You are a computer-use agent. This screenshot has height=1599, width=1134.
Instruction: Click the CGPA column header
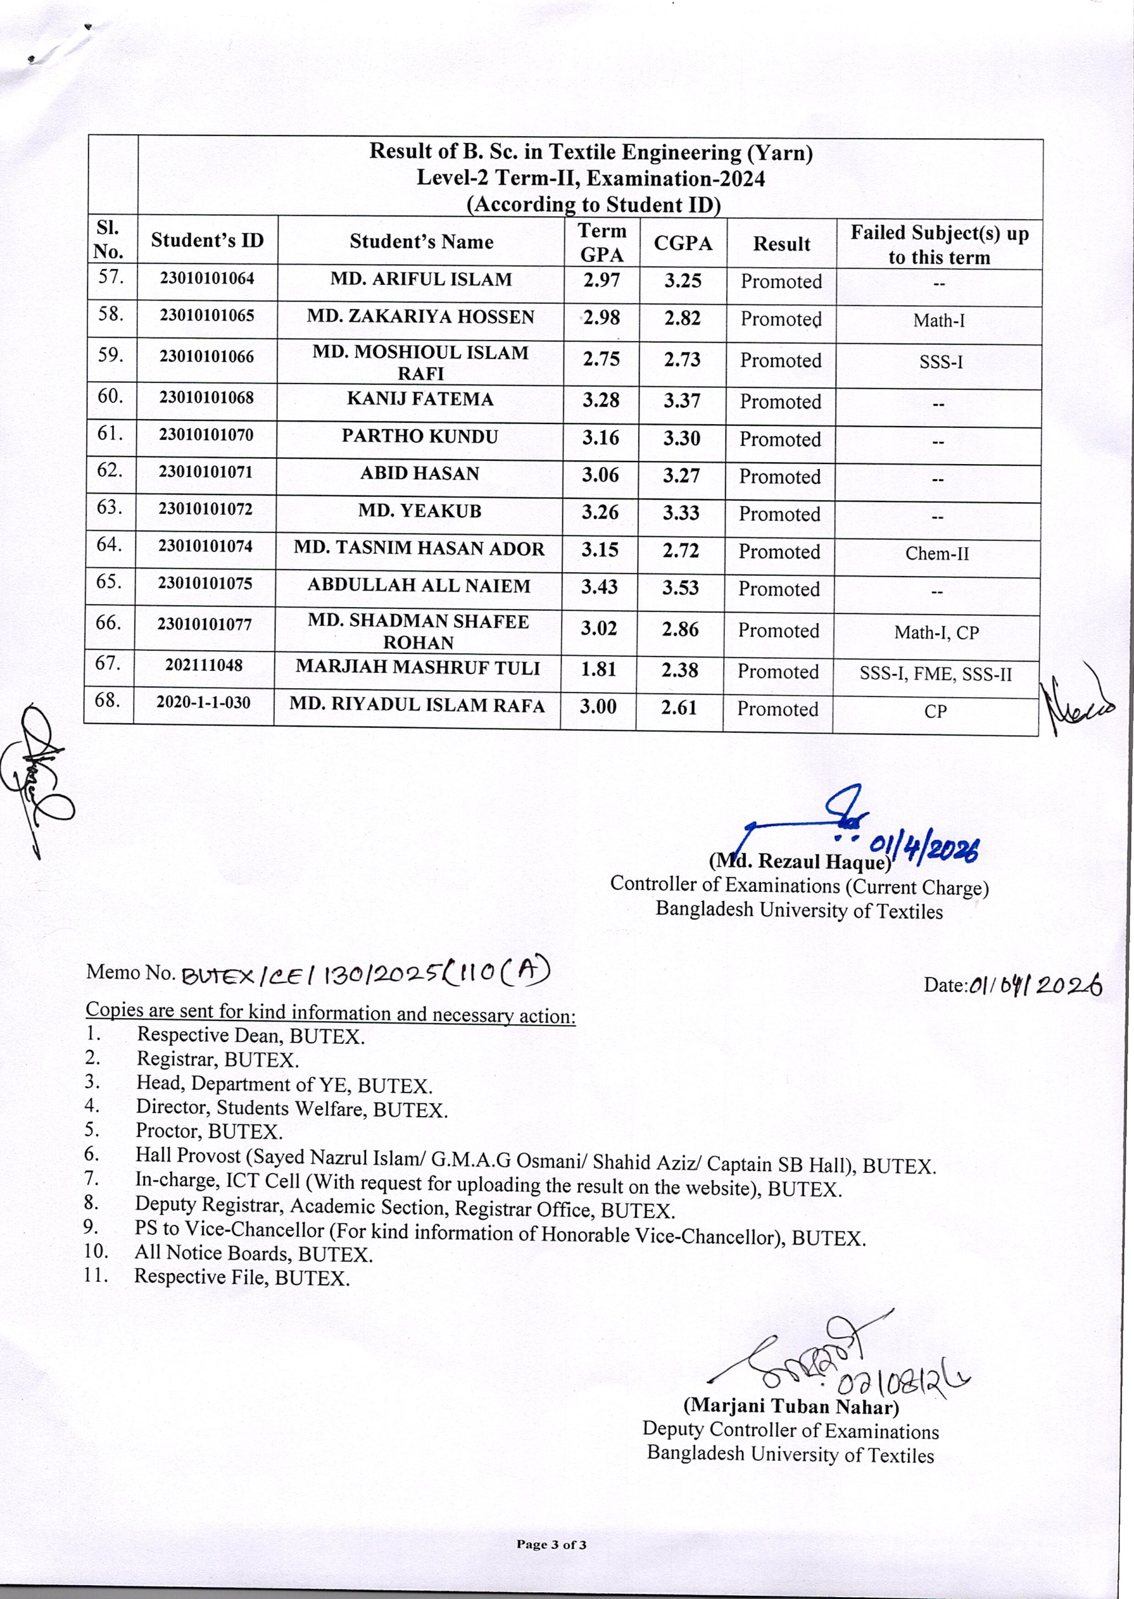(683, 243)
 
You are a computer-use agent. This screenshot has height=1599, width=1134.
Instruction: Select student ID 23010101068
(206, 398)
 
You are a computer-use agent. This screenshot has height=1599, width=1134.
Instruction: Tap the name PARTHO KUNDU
(420, 437)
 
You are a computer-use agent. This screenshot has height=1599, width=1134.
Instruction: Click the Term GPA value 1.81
(598, 670)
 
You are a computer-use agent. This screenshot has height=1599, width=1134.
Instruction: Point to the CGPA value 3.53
(680, 587)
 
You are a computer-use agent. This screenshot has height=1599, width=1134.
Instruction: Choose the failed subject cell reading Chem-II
(937, 553)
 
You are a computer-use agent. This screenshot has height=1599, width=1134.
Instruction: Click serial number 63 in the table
(110, 507)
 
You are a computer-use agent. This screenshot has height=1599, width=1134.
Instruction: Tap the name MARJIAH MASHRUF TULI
(418, 668)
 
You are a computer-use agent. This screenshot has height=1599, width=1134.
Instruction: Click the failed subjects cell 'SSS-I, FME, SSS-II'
(935, 675)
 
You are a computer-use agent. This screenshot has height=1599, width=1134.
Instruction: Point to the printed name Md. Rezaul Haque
(799, 861)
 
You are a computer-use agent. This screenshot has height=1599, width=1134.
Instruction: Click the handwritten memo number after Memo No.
(365, 972)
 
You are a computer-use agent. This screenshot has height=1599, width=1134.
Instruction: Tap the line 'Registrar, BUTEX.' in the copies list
(217, 1060)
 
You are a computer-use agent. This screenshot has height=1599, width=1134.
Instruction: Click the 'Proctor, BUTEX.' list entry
(209, 1131)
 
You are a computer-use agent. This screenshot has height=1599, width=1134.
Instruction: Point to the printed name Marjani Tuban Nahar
(791, 1405)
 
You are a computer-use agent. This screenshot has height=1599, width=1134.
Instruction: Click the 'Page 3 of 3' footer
(551, 1544)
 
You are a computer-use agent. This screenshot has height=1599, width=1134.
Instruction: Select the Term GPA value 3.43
(599, 587)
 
